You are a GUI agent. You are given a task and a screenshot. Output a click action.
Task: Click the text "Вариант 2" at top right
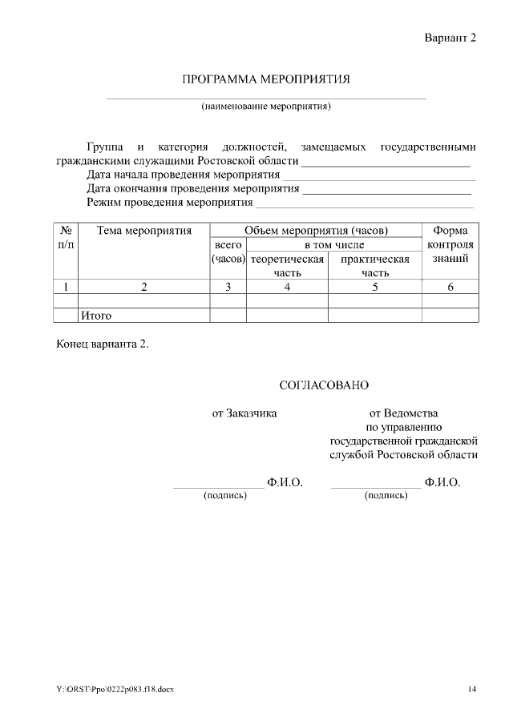click(x=450, y=38)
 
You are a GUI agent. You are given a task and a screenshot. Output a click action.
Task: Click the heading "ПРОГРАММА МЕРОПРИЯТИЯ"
click(x=266, y=79)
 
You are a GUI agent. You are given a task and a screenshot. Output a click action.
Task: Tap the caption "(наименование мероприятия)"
click(x=266, y=106)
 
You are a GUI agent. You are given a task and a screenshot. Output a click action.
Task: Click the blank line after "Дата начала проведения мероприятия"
click(x=378, y=175)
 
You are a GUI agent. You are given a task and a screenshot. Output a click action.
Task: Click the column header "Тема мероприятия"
click(x=144, y=231)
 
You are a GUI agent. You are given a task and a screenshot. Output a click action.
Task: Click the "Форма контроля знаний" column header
click(x=450, y=244)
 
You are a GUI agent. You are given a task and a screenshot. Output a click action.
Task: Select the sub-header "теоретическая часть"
click(x=287, y=265)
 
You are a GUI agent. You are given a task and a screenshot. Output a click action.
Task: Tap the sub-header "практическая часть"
click(x=374, y=265)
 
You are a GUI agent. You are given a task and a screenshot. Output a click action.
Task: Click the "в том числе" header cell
click(x=333, y=244)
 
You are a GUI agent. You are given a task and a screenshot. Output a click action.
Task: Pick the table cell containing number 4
click(x=287, y=287)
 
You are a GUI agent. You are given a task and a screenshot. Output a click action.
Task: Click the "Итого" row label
click(x=96, y=316)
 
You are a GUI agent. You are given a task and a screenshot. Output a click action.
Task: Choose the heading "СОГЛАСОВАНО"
click(x=323, y=385)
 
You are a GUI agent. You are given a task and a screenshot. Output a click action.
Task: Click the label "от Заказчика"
click(x=244, y=413)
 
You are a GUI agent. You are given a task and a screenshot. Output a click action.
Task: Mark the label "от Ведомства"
click(x=403, y=413)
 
